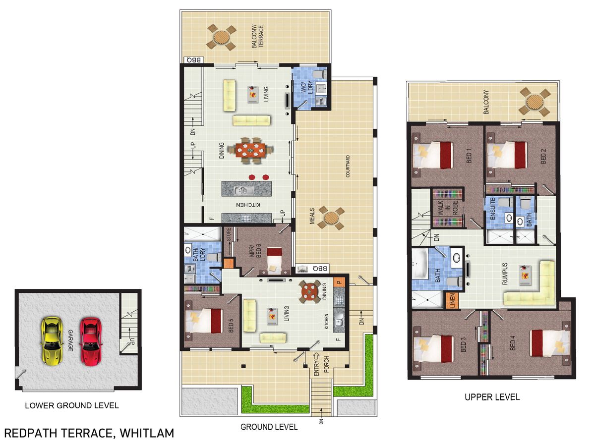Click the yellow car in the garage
coord(52,341)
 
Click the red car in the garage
coord(91,341)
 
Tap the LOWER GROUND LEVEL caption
coord(72,405)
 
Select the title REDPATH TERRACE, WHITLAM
coord(89,433)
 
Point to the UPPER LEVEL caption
coord(492,397)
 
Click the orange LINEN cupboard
coord(452,300)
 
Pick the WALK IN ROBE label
coord(448,208)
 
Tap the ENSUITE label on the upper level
coord(493,209)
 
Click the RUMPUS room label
coord(504,274)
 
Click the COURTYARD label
coord(348,167)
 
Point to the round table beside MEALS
coord(331,218)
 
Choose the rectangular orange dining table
coord(250,150)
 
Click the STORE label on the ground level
coord(229,234)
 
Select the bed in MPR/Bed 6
coord(275,259)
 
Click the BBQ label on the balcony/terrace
coord(194,60)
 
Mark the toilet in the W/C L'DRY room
coord(319,74)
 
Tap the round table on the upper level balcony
coord(535,103)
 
